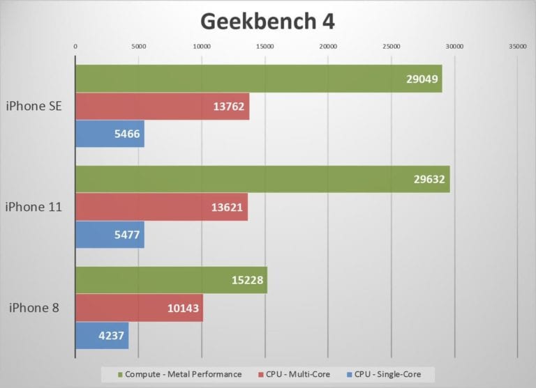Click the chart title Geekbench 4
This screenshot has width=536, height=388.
tap(267, 22)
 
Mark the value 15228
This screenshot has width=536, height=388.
tap(246, 280)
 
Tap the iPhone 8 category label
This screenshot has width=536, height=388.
tap(38, 307)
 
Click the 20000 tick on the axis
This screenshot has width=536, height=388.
tap(328, 47)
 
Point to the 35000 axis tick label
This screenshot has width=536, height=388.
tap(518, 47)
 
